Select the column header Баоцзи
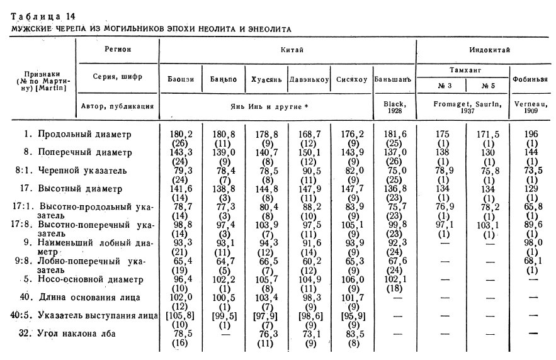180,81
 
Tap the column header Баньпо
223,81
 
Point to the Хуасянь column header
266,81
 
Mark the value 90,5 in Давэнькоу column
309,170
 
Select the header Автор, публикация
118,106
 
